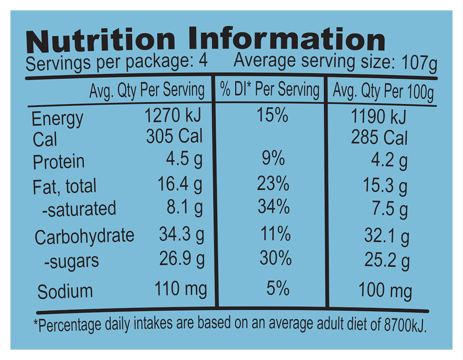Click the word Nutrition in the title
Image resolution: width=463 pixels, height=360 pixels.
tap(100, 40)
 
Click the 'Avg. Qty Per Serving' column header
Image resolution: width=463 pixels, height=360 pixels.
tap(147, 90)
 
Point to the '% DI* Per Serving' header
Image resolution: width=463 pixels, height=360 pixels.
tap(270, 90)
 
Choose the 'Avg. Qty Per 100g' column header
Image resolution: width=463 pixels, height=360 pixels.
tap(383, 92)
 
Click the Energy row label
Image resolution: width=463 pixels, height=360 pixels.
tap(57, 119)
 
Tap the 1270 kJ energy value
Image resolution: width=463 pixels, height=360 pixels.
tap(172, 115)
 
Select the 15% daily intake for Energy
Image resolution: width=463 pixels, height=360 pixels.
tap(272, 115)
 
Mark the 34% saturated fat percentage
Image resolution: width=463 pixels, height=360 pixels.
tap(274, 208)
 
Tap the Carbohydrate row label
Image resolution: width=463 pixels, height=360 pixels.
tap(84, 236)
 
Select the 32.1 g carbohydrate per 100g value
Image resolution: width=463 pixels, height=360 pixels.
tap(386, 235)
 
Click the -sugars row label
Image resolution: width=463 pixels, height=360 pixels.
tap(71, 261)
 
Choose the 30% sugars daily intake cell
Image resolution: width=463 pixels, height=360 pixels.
tap(275, 259)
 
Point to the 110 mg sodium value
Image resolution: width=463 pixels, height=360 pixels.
tap(180, 289)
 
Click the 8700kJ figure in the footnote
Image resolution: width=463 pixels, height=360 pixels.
tap(405, 325)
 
